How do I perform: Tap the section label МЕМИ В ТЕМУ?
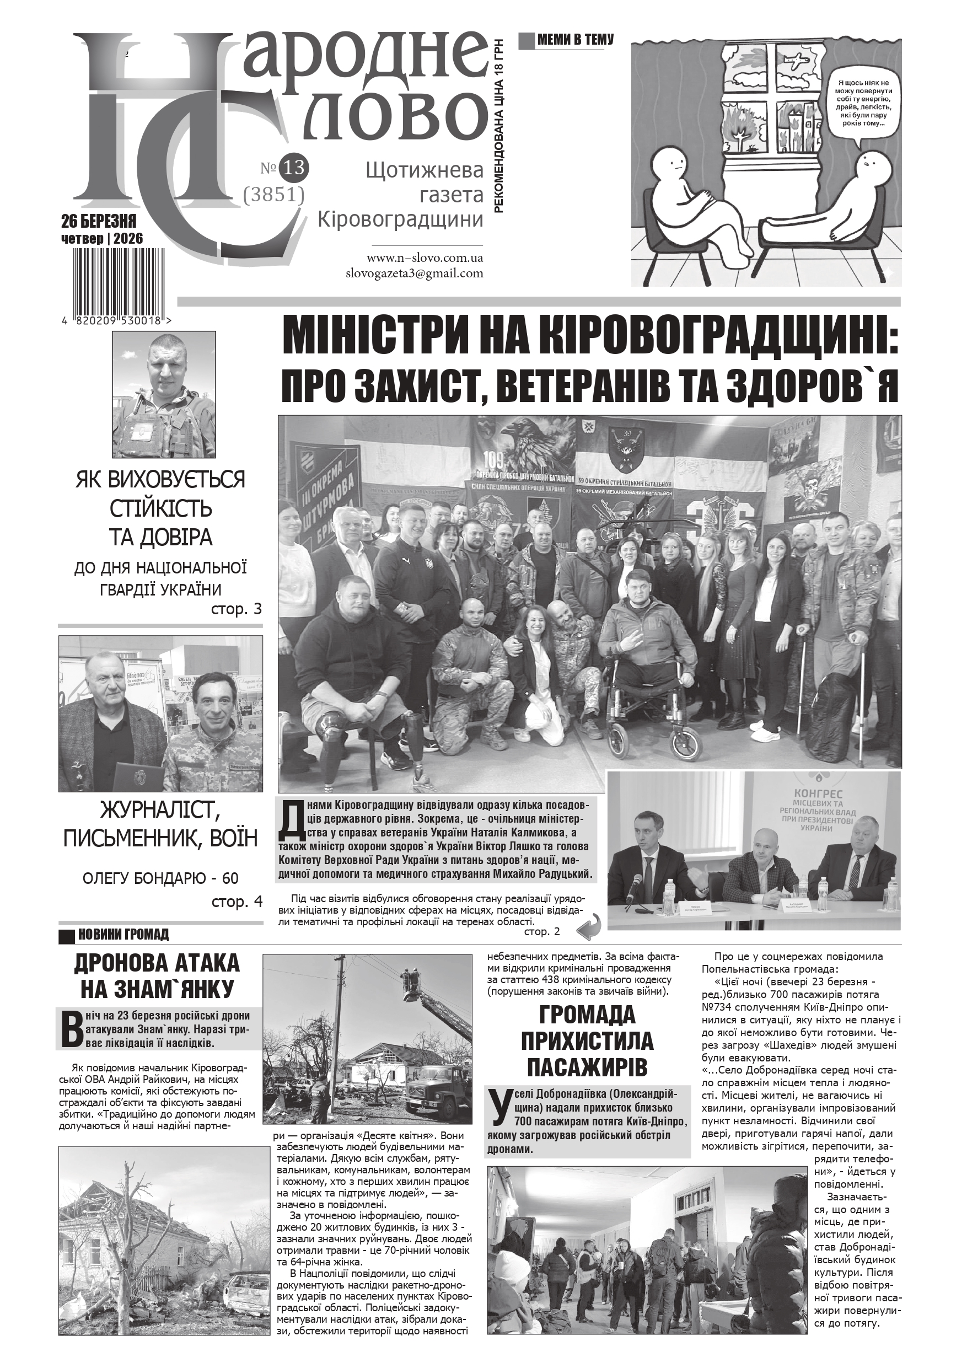574,40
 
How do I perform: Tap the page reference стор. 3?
237,609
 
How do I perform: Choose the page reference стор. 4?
237,902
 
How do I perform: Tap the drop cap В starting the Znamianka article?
71,1029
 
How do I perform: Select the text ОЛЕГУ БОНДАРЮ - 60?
160,878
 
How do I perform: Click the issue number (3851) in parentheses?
275,195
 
